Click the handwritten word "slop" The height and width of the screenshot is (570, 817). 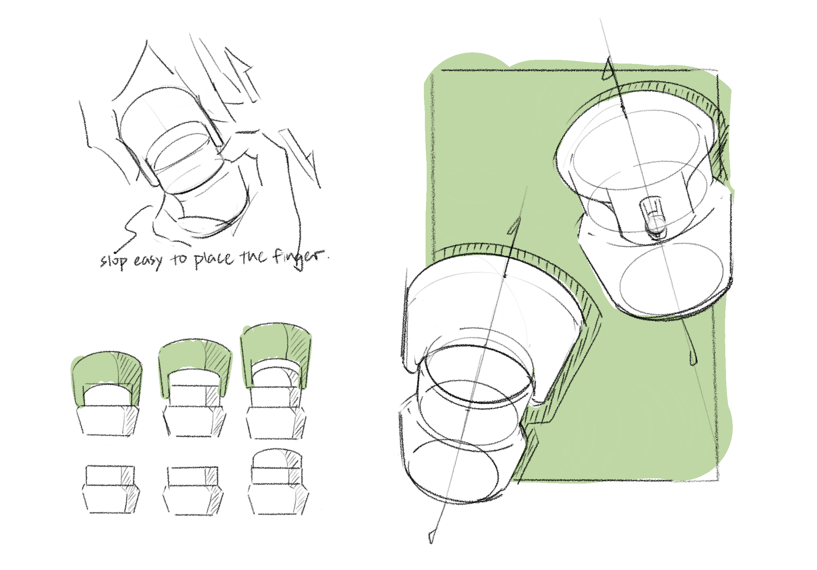pos(114,261)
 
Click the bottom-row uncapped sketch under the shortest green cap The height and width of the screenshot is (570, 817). pos(111,489)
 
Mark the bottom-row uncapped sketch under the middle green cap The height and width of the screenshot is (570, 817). pos(193,490)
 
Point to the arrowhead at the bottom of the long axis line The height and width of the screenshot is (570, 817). pos(432,537)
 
